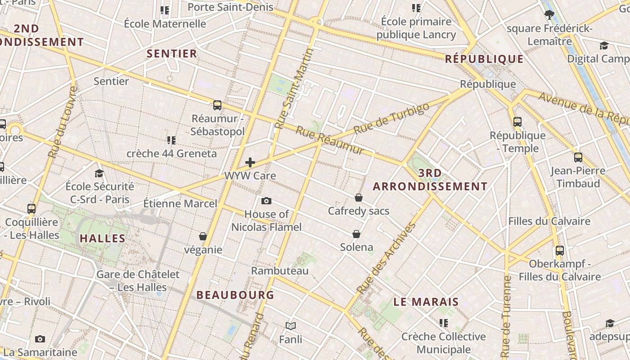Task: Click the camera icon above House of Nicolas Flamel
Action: pyautogui.click(x=266, y=201)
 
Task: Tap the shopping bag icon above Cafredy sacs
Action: pyautogui.click(x=359, y=197)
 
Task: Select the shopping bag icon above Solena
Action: pyautogui.click(x=356, y=234)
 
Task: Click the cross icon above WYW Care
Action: pyautogui.click(x=250, y=162)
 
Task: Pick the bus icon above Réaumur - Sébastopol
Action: pyautogui.click(x=217, y=105)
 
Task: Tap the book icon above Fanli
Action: pyautogui.click(x=291, y=325)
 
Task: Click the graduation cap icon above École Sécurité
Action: pyautogui.click(x=99, y=173)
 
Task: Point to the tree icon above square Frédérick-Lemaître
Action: pyautogui.click(x=549, y=15)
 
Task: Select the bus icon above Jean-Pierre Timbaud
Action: pyautogui.click(x=578, y=157)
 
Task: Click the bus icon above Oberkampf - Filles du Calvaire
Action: pyautogui.click(x=560, y=251)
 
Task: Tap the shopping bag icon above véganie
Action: pyautogui.click(x=203, y=236)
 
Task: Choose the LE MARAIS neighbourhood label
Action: pyautogui.click(x=426, y=302)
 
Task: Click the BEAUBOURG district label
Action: pyautogui.click(x=235, y=295)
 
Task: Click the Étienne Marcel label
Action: pyautogui.click(x=180, y=203)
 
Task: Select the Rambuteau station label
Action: pyautogui.click(x=280, y=270)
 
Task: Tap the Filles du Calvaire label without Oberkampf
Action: pyautogui.click(x=549, y=221)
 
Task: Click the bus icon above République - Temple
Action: pyautogui.click(x=517, y=121)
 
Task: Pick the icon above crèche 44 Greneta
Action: pyautogui.click(x=171, y=140)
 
